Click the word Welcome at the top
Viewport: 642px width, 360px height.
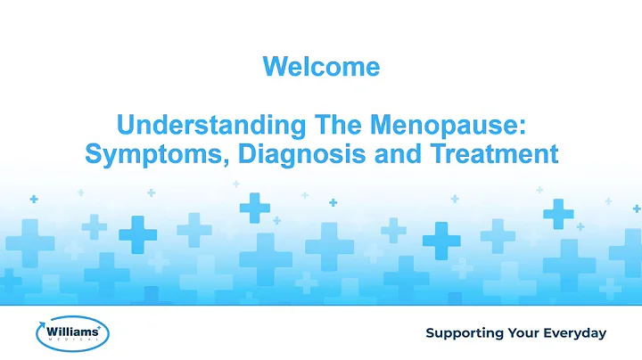pos(321,66)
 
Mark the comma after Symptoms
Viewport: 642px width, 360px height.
pos(208,160)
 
